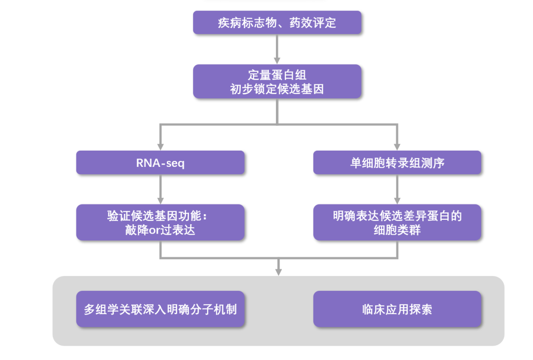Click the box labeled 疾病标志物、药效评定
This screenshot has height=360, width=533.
coord(277,23)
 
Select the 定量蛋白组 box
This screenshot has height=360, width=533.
coord(277,81)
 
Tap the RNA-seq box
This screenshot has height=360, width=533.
coord(160,162)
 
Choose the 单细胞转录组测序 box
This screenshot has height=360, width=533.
coord(397,162)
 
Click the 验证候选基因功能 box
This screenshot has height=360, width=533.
coord(160,222)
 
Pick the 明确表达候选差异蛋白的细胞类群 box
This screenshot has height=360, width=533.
coord(397,222)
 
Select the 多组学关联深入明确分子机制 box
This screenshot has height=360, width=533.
coord(160,309)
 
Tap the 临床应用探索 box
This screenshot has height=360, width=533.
coord(397,309)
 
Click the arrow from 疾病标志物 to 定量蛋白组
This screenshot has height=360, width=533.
coord(277,49)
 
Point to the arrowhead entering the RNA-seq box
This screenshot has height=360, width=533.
coord(160,147)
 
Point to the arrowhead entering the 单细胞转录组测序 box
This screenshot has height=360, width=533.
coord(397,147)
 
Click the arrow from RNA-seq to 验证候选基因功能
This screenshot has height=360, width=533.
coord(160,189)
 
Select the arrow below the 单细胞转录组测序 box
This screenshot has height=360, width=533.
coord(397,189)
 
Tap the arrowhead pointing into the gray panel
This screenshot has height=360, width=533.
coord(278,271)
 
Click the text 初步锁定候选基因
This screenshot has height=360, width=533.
coord(277,89)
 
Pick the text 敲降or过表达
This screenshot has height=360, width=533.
coord(160,230)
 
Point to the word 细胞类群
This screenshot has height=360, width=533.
coord(397,230)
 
